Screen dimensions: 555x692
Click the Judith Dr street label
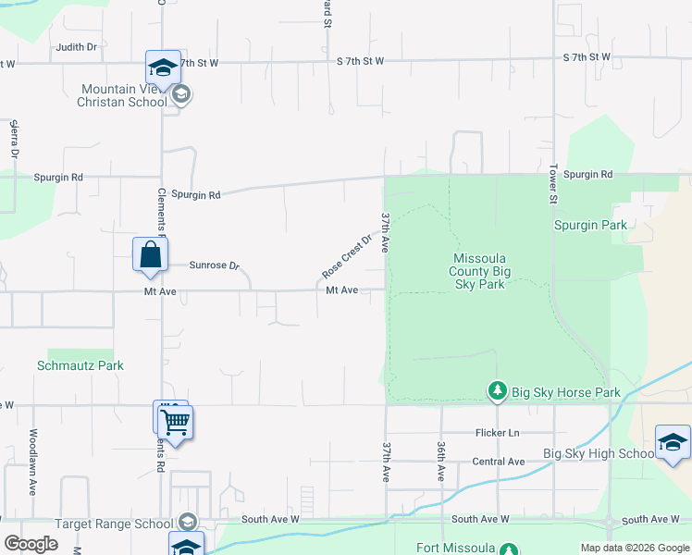tap(77, 47)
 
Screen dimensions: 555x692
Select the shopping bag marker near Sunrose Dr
tap(150, 256)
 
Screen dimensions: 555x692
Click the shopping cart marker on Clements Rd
tap(176, 424)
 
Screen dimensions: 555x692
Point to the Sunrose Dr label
tap(214, 265)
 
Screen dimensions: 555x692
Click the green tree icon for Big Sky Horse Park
tap(498, 392)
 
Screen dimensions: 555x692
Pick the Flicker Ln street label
tap(497, 433)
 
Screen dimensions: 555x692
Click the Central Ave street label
tap(498, 462)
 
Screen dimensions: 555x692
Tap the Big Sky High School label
tap(599, 453)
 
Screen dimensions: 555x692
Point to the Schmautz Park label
tap(80, 365)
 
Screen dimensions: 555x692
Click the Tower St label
tap(553, 187)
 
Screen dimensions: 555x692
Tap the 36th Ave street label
tap(441, 460)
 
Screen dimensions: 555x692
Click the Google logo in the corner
tap(31, 544)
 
